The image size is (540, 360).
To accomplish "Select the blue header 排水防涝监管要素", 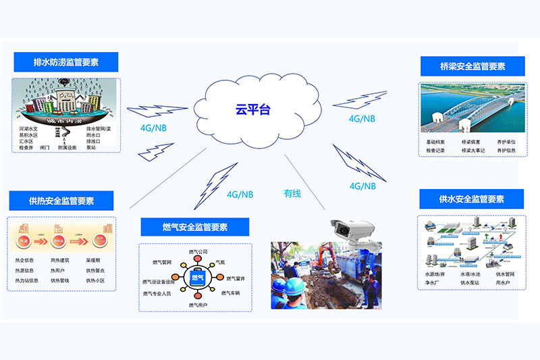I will (66, 62).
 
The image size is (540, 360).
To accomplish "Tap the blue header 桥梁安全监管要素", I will (473, 66).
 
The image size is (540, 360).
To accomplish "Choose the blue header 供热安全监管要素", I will (61, 201).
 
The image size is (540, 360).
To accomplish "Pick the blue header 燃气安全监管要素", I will (195, 226).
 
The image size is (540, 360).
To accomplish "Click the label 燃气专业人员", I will (157, 294).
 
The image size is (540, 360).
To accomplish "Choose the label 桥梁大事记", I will (474, 150).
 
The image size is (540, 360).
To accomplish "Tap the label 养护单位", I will (507, 142).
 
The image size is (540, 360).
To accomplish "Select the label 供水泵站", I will (471, 282).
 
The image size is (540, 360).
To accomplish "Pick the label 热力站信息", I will (31, 280).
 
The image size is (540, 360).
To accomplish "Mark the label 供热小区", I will (95, 280).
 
